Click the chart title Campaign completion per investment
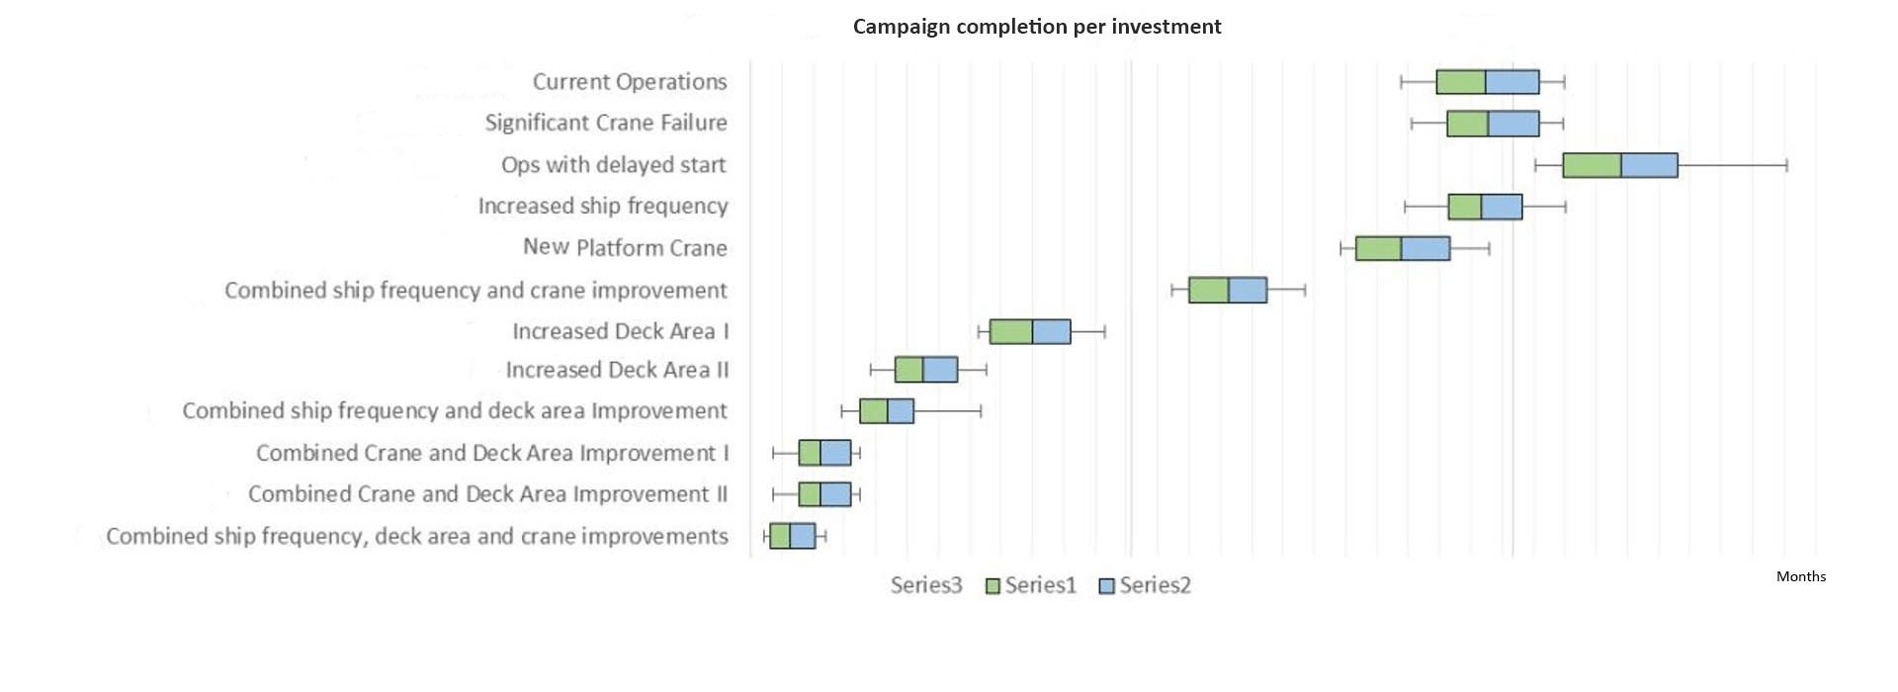(1037, 27)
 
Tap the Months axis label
(1800, 576)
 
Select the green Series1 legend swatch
(993, 586)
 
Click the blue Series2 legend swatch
(1107, 586)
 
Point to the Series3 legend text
(925, 585)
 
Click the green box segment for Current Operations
(1461, 82)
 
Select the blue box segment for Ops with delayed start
(1649, 165)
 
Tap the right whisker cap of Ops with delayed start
(1786, 165)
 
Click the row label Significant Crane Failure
(605, 123)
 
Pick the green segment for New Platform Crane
(1378, 248)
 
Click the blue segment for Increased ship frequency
(1502, 207)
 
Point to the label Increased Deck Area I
(620, 331)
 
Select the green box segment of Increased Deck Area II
(908, 370)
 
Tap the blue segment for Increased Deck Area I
(1051, 331)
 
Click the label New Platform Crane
(625, 247)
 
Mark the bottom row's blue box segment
(802, 536)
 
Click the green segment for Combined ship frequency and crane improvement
(1208, 290)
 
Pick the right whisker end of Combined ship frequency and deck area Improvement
(981, 411)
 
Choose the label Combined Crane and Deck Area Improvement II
(487, 494)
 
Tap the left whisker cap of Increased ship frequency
(1405, 207)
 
